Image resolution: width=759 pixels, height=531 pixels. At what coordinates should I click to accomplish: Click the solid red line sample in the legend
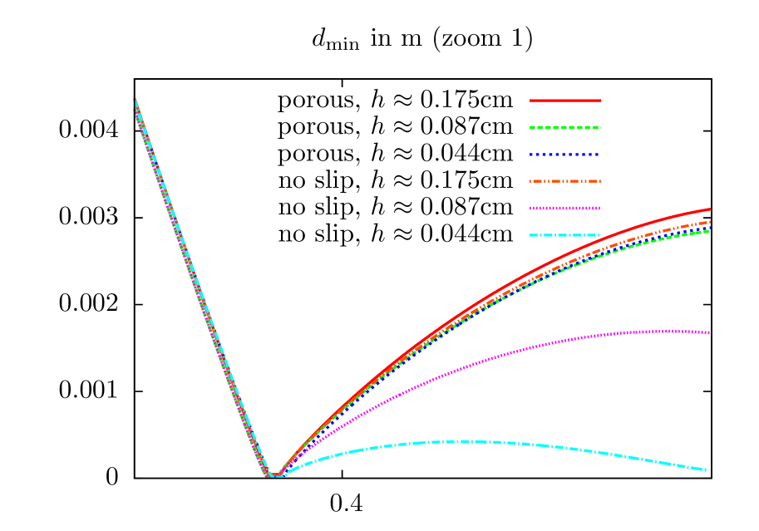click(x=565, y=101)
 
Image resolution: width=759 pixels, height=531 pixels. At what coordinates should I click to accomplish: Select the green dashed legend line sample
click(x=565, y=128)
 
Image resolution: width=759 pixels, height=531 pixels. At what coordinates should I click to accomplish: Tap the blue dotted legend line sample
click(x=565, y=155)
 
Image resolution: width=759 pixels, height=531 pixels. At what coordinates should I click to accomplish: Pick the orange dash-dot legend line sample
click(x=565, y=181)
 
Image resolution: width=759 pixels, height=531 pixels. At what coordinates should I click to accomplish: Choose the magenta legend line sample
click(x=565, y=209)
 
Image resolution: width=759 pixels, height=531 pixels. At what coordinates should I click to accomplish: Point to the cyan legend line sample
click(x=565, y=235)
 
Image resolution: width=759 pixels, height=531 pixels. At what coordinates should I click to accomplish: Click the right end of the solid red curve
click(x=710, y=209)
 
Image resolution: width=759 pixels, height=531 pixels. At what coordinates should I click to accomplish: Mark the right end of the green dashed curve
click(x=710, y=231)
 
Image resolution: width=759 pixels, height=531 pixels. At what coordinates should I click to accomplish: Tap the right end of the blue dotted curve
click(x=710, y=228)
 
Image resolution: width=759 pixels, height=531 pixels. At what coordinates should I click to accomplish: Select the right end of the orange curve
click(x=710, y=221)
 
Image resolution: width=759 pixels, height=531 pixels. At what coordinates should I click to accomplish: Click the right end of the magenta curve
click(x=709, y=333)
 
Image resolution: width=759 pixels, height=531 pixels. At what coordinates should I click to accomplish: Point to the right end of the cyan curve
click(x=707, y=470)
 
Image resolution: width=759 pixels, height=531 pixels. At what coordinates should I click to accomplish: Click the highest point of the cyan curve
click(x=461, y=441)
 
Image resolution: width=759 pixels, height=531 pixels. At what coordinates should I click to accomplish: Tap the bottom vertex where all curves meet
click(x=273, y=475)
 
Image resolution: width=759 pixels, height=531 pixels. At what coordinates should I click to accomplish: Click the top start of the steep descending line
click(x=135, y=101)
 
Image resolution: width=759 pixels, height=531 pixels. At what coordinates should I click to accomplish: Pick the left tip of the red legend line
click(x=530, y=101)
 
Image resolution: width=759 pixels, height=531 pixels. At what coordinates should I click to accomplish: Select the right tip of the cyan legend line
click(x=600, y=235)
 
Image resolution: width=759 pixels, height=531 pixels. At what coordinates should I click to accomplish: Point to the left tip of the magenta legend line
click(x=530, y=209)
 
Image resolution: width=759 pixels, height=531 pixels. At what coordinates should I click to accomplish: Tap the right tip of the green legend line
click(x=600, y=128)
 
